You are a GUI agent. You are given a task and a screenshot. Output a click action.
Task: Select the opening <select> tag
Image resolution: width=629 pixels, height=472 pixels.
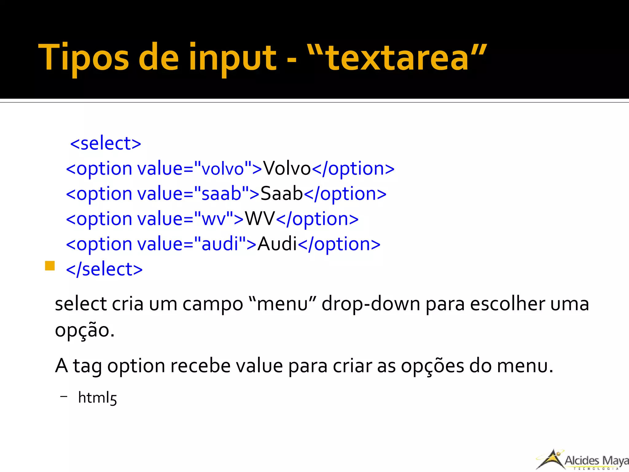106,144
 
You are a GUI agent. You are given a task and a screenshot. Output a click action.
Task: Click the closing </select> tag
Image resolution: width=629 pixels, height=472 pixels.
104,269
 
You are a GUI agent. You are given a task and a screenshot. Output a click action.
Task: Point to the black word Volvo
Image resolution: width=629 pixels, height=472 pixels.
287,169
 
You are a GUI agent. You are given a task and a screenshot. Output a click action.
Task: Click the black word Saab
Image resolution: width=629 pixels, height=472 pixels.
282,194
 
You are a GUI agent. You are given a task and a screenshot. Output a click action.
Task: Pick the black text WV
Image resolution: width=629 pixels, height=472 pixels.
260,219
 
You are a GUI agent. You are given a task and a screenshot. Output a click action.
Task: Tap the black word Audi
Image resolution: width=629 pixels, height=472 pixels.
277,244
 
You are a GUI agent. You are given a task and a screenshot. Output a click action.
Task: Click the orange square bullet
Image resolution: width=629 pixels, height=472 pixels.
50,266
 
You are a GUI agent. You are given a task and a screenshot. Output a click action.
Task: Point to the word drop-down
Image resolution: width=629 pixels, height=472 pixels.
371,304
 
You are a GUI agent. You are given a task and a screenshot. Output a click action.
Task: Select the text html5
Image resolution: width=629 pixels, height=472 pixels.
97,398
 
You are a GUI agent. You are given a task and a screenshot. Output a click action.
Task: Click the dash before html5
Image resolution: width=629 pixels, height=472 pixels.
64,397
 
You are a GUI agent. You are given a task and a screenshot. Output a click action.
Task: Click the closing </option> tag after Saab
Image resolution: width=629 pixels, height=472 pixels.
345,194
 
